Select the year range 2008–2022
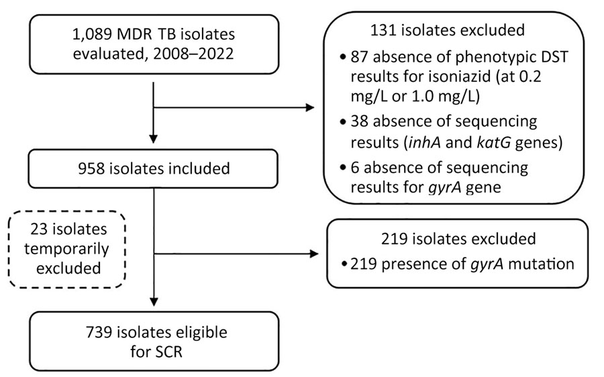pos(193,54)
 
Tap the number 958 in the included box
pos(91,168)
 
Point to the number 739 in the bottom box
pos(99,332)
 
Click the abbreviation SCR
pos(167,352)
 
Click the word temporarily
pos(66,249)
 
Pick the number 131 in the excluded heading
pos(383,30)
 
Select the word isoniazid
pos(460,76)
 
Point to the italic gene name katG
pos(494,143)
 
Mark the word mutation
pos(541,264)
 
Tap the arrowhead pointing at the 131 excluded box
pos(310,107)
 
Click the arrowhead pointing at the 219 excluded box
pos(314,254)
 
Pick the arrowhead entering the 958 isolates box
pos(153,139)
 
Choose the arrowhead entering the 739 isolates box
pos(154,301)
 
